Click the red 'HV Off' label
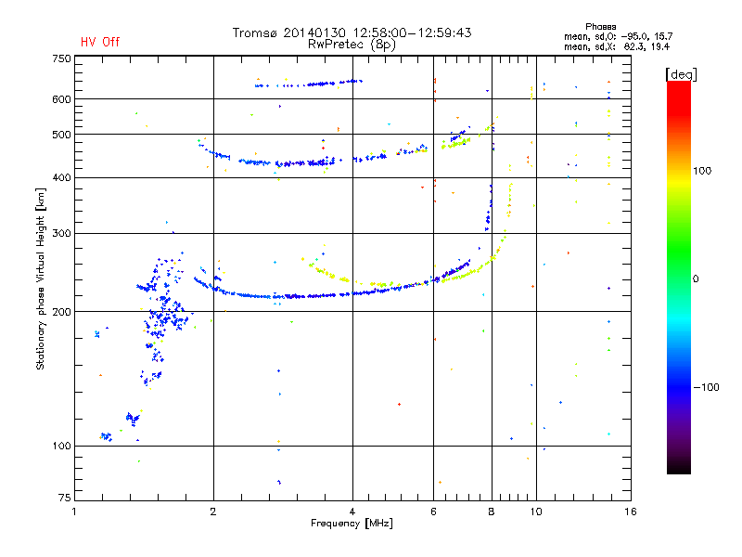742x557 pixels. [x=99, y=42]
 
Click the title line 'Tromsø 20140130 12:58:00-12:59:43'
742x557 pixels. [x=352, y=32]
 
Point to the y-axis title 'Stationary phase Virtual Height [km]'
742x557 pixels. [x=41, y=278]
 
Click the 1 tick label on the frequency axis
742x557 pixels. [x=74, y=512]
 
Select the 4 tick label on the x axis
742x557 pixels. [x=352, y=512]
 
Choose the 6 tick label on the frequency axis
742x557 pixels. [x=433, y=512]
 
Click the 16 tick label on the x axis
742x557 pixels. [x=630, y=512]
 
